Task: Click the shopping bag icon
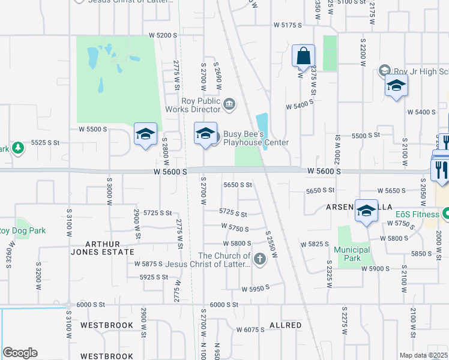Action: (x=304, y=56)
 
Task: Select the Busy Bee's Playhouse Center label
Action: (x=256, y=138)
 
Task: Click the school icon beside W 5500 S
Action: (x=145, y=134)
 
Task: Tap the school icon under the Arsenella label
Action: (x=366, y=211)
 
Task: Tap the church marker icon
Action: (x=259, y=259)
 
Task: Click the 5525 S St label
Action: (x=46, y=142)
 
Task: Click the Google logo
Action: (x=20, y=353)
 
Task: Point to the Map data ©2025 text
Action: (x=423, y=355)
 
